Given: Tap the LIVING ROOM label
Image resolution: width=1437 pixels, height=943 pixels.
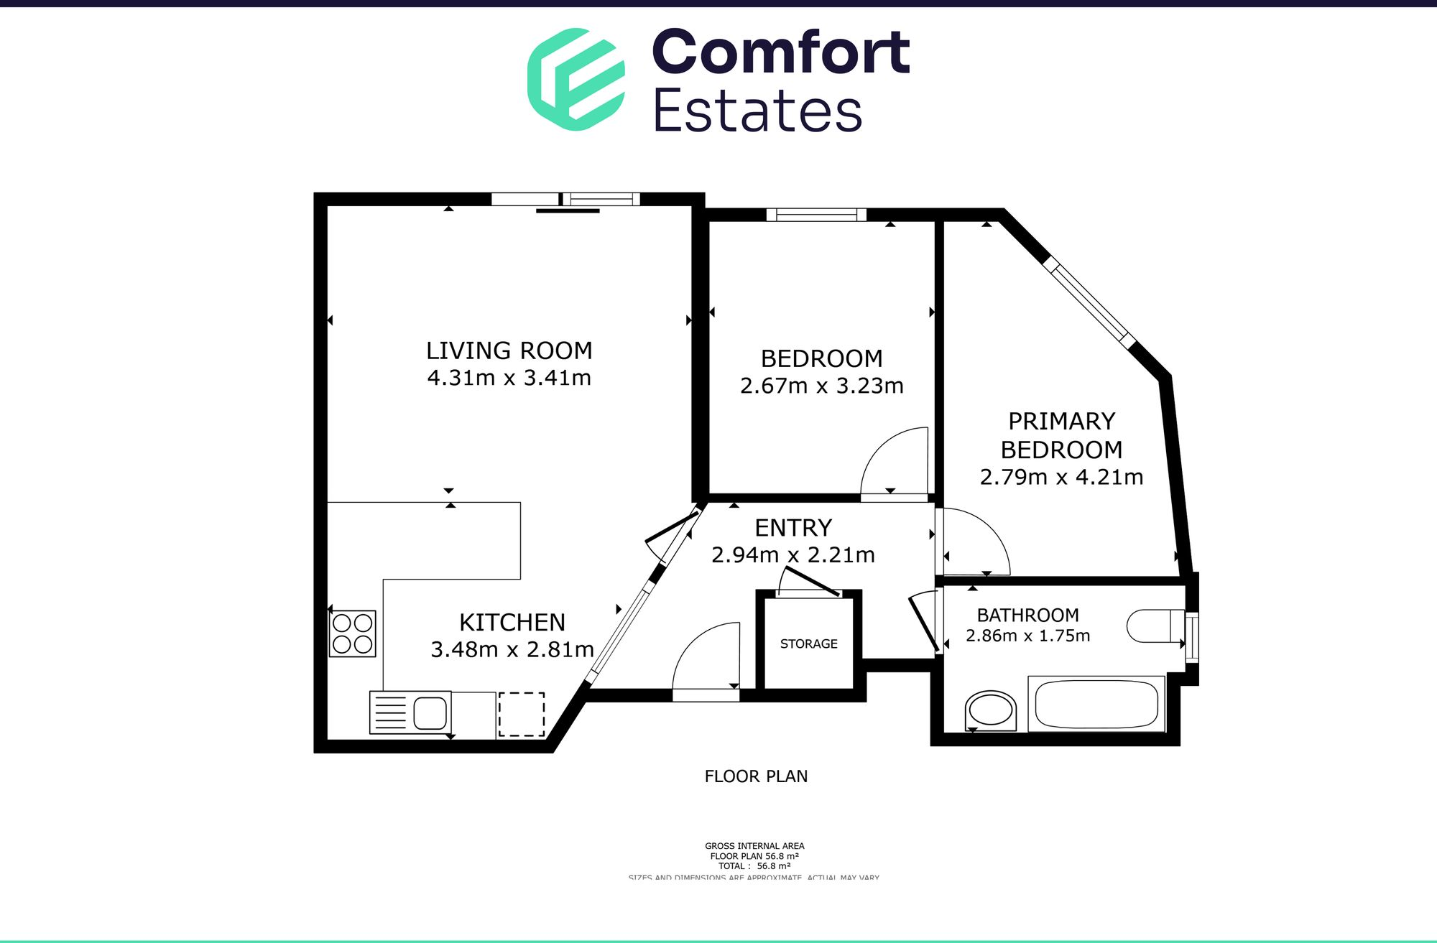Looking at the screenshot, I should [509, 350].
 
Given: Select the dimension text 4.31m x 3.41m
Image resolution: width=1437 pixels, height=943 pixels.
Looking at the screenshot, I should [509, 378].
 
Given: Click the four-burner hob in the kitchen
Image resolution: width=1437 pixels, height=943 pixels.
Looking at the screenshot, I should [352, 633].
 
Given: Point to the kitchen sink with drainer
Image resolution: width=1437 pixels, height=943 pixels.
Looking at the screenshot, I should [410, 712].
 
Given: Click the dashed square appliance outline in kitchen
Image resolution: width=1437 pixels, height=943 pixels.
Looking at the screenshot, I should [521, 714].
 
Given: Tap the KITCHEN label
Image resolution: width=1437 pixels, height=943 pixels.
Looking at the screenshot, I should [512, 622].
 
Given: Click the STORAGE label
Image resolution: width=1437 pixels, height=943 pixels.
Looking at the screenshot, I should [808, 644].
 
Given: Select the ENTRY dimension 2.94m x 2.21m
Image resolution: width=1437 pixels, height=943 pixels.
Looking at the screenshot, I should [793, 555].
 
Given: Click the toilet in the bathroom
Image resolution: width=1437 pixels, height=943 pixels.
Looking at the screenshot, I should [1154, 626].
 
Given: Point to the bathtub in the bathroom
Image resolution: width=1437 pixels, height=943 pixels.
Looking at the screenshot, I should [1096, 704].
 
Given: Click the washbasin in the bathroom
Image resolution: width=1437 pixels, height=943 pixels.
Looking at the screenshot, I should [990, 711].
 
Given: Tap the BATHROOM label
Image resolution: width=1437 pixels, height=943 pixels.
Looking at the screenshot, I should [1027, 615].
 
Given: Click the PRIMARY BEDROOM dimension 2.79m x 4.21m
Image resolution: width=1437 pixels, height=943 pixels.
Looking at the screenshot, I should [1061, 477].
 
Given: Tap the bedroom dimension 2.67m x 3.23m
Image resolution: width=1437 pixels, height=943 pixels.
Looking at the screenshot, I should [821, 386].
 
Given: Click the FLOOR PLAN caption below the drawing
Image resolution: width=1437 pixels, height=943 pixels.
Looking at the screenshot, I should [756, 776].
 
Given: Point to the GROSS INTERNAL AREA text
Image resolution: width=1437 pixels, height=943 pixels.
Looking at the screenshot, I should [754, 846].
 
